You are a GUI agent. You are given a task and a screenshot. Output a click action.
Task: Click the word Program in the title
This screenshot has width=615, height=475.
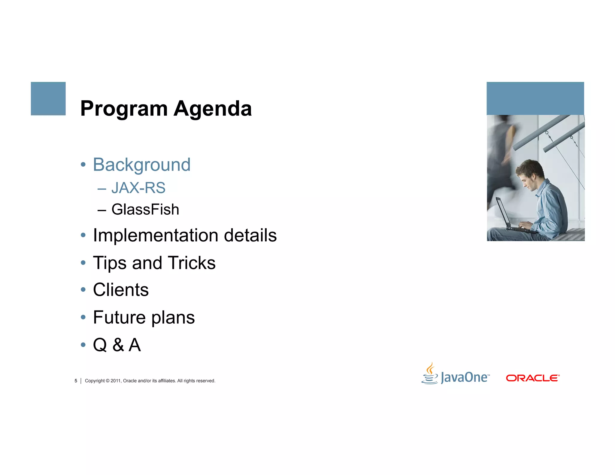[x=124, y=109]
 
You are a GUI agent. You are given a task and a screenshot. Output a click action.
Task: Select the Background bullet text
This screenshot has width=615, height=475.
[x=141, y=165]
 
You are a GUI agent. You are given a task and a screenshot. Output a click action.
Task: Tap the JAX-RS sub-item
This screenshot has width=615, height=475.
[x=138, y=188]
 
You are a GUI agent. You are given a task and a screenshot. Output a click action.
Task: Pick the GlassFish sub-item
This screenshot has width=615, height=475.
[x=145, y=209]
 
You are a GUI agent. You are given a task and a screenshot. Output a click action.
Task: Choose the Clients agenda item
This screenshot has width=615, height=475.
[x=121, y=290]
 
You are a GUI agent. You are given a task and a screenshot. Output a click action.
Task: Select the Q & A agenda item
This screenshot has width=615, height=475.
[x=117, y=345]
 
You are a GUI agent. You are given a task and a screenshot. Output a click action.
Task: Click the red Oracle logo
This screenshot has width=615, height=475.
[x=532, y=378]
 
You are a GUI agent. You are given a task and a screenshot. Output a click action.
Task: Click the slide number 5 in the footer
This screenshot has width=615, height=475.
[x=76, y=381]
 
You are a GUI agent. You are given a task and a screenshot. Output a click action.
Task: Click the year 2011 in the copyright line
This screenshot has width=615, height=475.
[x=115, y=381]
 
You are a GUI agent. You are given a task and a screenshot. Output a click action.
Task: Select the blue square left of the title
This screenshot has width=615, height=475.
[x=48, y=98]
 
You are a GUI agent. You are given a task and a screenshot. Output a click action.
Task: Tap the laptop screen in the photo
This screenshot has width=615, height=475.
[x=502, y=212]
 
